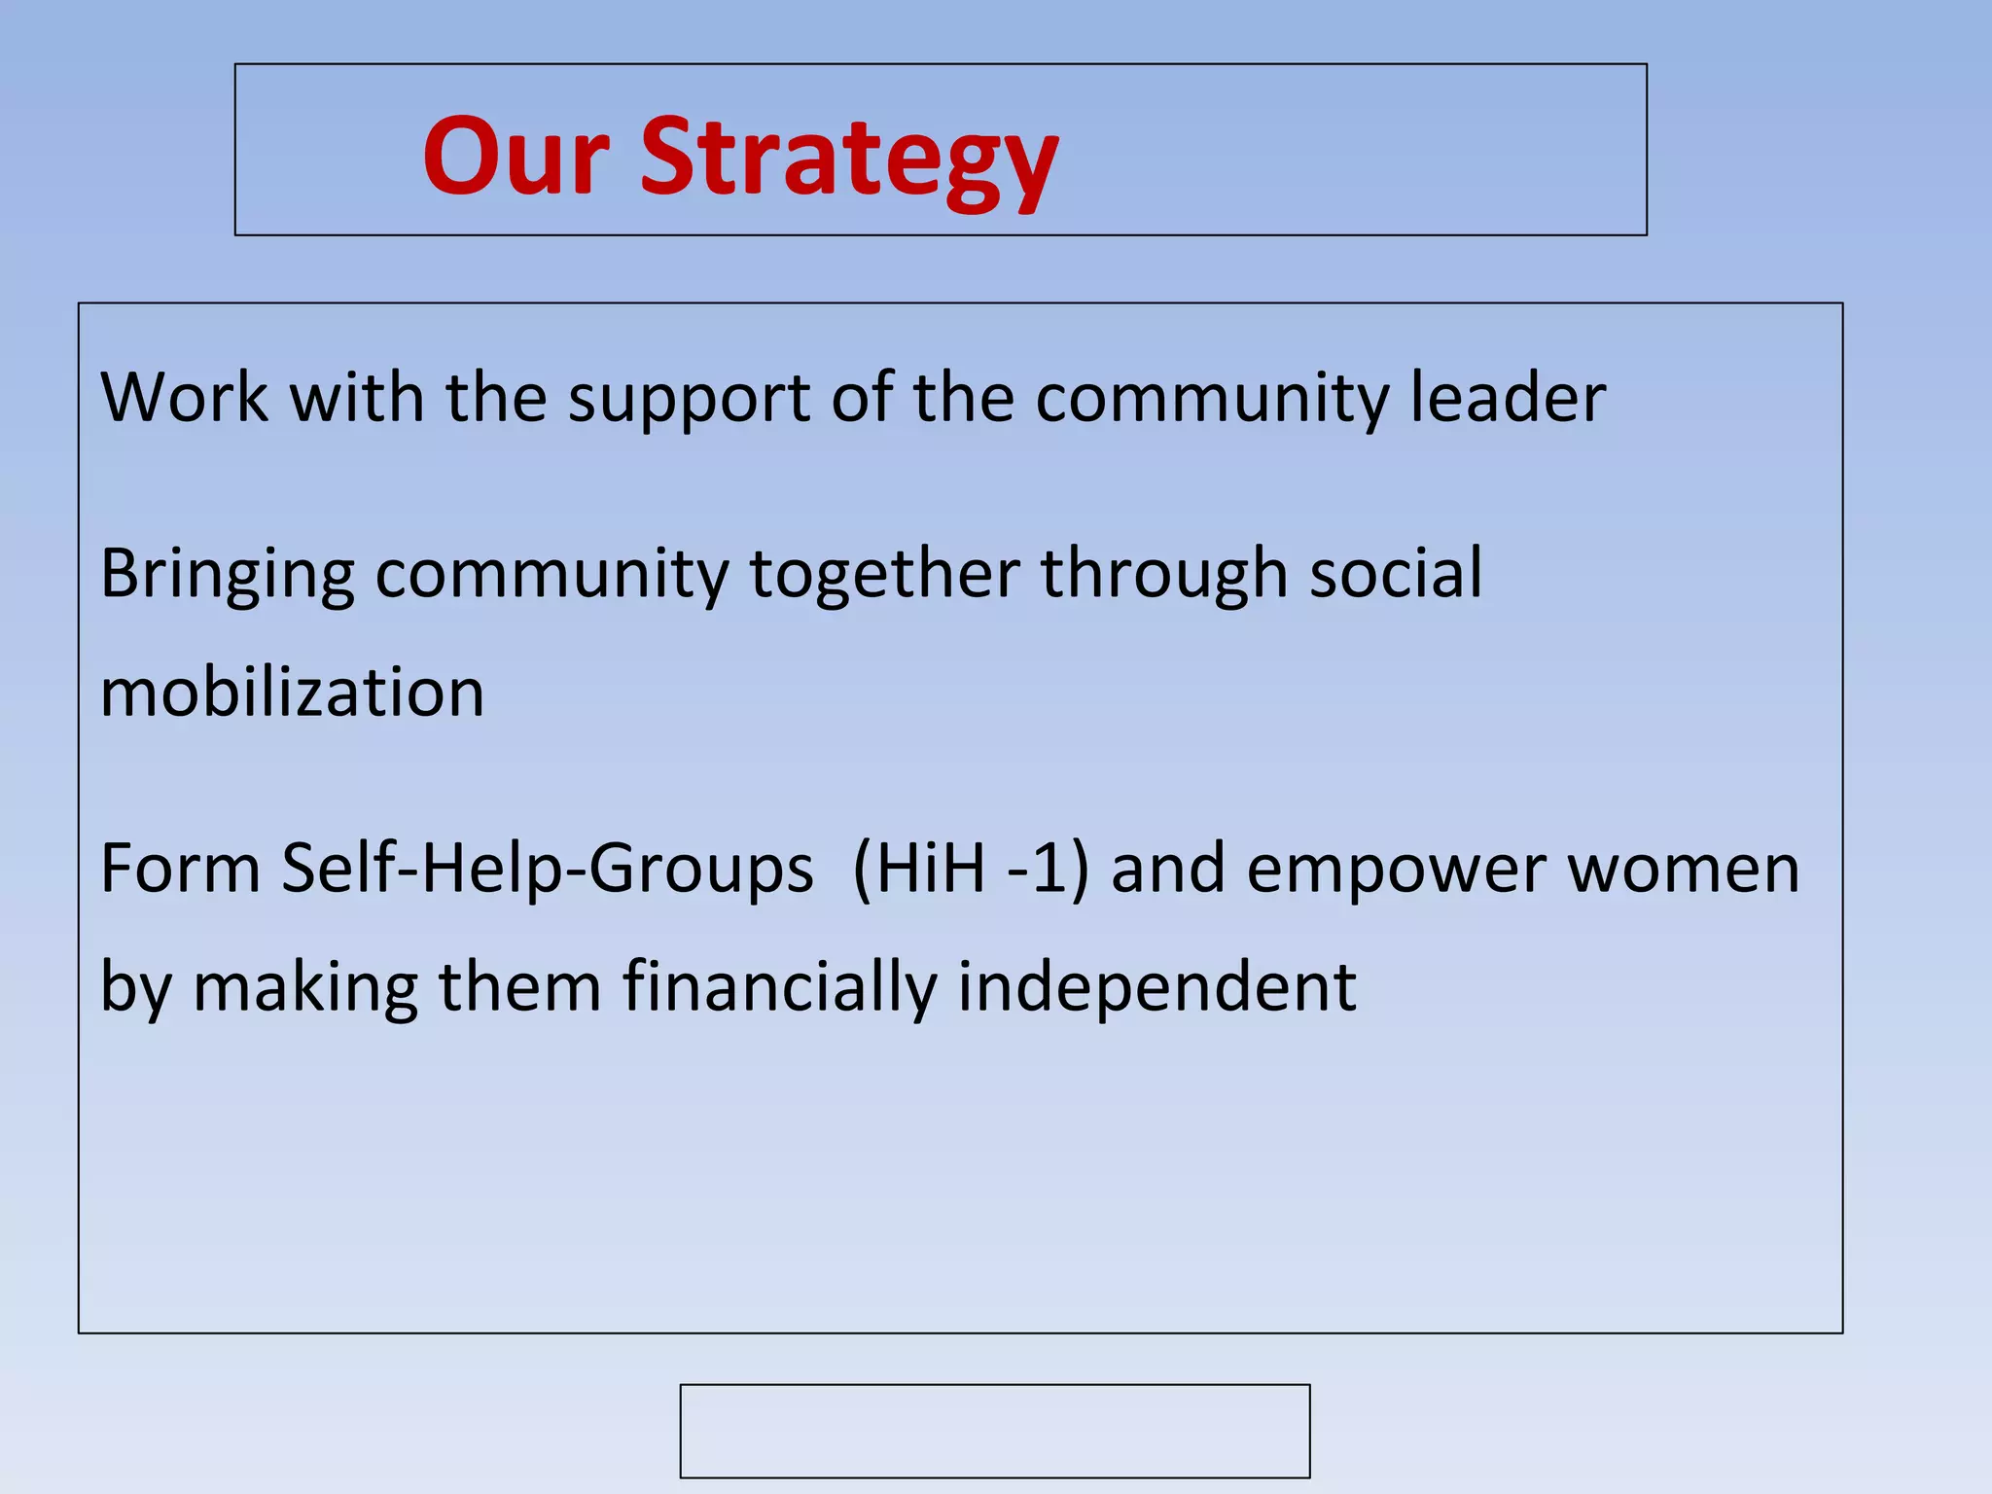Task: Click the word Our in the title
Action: tap(516, 158)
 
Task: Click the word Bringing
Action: tap(228, 576)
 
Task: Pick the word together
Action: tap(884, 576)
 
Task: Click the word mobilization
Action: tap(292, 693)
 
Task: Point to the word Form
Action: tap(180, 868)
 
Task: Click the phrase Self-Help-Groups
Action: tap(547, 870)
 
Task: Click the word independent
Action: tap(1156, 987)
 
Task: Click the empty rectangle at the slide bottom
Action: tap(994, 1430)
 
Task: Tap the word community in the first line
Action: tap(1212, 399)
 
